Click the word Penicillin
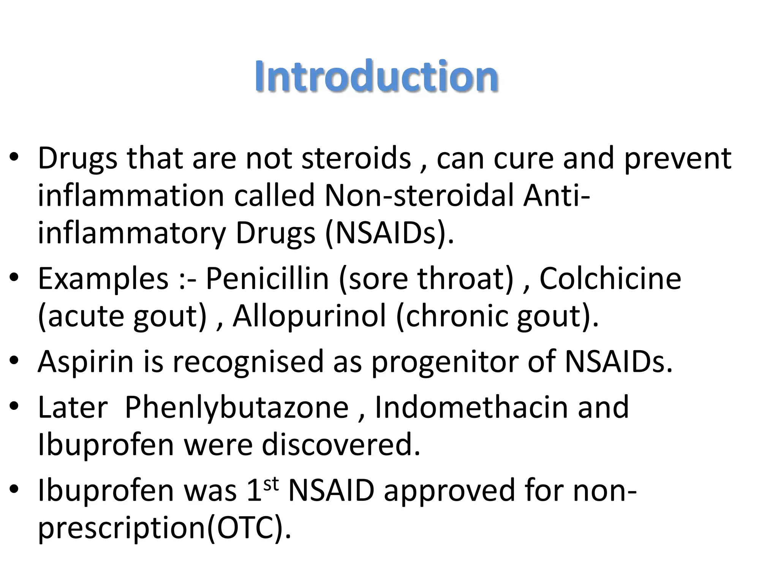[267, 279]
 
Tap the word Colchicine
[610, 279]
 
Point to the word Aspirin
[85, 361]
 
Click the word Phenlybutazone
[236, 407]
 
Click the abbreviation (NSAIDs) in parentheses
[389, 233]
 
